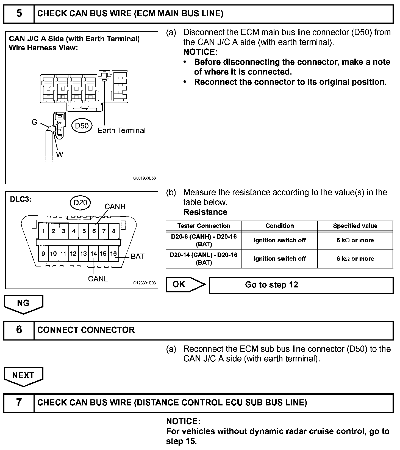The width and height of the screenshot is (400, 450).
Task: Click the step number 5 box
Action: coord(19,14)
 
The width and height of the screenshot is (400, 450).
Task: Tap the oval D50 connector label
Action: coord(82,126)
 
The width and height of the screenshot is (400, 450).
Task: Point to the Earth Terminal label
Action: coord(121,130)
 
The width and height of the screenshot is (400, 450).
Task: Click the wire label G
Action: coord(35,122)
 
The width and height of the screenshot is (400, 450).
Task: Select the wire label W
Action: coord(60,155)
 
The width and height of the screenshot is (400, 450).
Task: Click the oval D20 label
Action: coord(80,203)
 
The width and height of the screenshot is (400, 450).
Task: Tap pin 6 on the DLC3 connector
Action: coord(94,231)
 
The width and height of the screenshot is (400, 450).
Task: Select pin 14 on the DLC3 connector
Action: coord(94,254)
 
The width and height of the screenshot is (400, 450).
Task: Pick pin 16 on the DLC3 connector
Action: coord(113,254)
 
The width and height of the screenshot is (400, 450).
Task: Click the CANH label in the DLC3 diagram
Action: coord(115,207)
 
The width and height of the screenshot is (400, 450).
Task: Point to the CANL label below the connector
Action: coord(98,279)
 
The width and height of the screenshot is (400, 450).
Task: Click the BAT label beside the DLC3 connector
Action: coord(138,256)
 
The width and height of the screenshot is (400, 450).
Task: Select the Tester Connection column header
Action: coord(204,226)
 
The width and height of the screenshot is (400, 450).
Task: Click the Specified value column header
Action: coord(355,226)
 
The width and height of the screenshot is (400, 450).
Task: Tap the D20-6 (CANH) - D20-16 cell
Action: coord(204,240)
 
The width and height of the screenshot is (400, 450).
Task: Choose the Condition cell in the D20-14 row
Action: coord(279,259)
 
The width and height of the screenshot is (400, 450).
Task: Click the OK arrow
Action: coord(185,284)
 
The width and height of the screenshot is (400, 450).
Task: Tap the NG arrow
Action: coord(23,303)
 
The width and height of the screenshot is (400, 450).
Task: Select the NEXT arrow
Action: coord(23,376)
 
